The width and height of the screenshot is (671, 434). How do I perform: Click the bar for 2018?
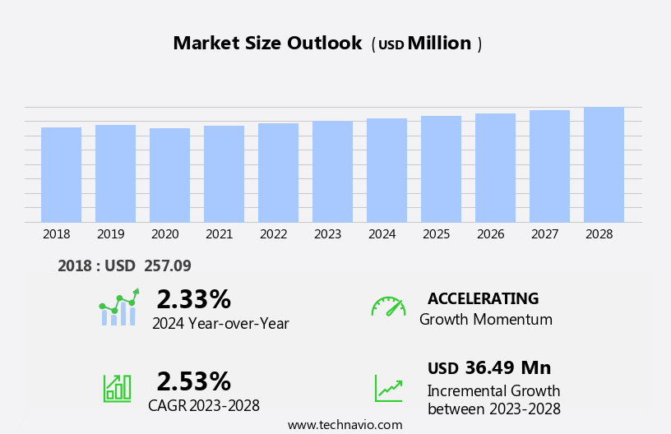pos(61,175)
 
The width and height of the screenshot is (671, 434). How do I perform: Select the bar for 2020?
pos(169,175)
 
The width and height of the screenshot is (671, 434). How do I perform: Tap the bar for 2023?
pos(332,172)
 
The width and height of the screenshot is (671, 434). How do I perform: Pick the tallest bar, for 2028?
pos(604,165)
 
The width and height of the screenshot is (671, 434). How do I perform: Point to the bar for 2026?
pos(495,168)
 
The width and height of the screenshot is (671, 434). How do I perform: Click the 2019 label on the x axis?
pos(111,234)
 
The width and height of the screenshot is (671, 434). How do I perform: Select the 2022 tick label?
pos(274,234)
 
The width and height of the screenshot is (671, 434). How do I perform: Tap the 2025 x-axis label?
pos(437,234)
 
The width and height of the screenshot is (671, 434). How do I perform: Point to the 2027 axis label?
pos(545,234)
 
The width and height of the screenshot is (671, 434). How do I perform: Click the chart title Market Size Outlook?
pos(267,44)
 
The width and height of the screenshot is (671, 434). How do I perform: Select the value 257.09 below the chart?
pos(167,265)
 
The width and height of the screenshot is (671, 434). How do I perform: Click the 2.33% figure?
pos(193,299)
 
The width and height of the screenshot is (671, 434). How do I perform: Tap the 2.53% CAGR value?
pos(193,381)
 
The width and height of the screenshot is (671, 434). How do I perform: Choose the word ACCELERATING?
pos(483,298)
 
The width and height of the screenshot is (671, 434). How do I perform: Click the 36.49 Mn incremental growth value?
pos(507,367)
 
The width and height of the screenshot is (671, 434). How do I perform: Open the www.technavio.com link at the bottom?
pos(345,425)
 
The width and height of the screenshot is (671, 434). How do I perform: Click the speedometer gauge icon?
pos(388,307)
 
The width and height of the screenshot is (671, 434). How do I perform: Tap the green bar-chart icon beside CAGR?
pos(117,387)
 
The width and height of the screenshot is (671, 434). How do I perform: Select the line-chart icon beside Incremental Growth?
pos(388,388)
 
